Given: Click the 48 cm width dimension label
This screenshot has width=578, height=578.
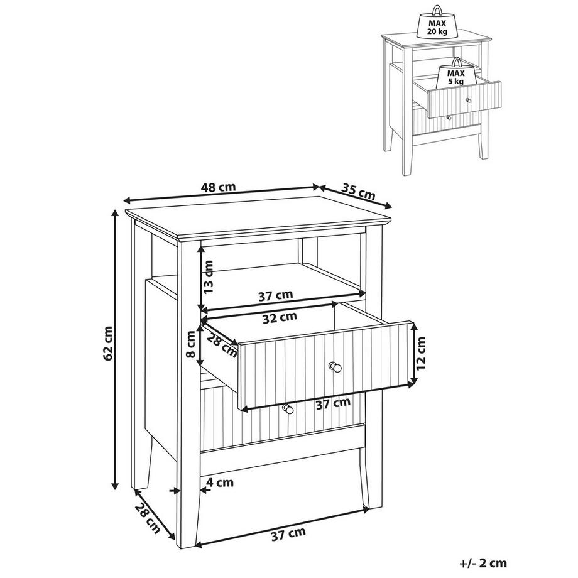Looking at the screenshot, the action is (218, 187).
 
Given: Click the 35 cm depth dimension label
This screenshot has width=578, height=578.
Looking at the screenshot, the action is (357, 191).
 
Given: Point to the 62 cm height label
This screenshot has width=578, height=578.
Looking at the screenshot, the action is (109, 343).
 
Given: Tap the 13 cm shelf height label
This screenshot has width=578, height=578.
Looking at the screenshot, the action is (209, 276).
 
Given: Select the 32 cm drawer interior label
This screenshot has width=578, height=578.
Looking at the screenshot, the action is (280, 317).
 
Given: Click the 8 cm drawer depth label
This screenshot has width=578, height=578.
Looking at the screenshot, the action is (190, 344).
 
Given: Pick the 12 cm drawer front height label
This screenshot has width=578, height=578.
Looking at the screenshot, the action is (420, 353).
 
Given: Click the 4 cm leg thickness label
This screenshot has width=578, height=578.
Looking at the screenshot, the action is (220, 482).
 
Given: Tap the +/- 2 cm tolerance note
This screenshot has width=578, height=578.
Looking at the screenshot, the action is (483, 564).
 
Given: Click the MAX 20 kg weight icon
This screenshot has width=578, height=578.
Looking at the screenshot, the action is (437, 22).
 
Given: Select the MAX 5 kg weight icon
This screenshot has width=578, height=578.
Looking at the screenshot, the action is (455, 74).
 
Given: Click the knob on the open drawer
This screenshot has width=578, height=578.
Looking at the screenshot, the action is (335, 367).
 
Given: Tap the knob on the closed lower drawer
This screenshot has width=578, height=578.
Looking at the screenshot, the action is (288, 409).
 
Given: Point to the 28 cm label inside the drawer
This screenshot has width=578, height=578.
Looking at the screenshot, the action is (221, 346).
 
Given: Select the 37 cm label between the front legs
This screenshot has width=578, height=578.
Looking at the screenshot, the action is (288, 534).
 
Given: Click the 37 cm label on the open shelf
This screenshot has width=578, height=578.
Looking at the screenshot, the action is (276, 295).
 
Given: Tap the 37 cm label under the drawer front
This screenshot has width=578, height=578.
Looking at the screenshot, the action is (333, 403).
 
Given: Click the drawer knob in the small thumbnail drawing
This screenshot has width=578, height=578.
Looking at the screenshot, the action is (469, 100).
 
